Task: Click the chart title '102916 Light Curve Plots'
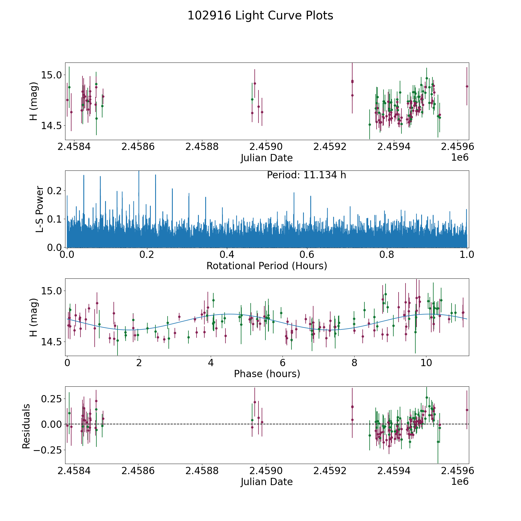(260, 16)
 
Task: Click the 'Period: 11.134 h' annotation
(306, 175)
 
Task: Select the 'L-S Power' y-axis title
(40, 209)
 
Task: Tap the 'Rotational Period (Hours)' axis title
(267, 266)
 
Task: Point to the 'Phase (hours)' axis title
(267, 374)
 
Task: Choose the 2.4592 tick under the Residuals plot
(330, 471)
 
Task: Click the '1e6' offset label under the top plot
(460, 157)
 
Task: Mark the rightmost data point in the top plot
(467, 86)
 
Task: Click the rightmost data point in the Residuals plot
(467, 410)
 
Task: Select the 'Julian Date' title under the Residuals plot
(267, 482)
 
